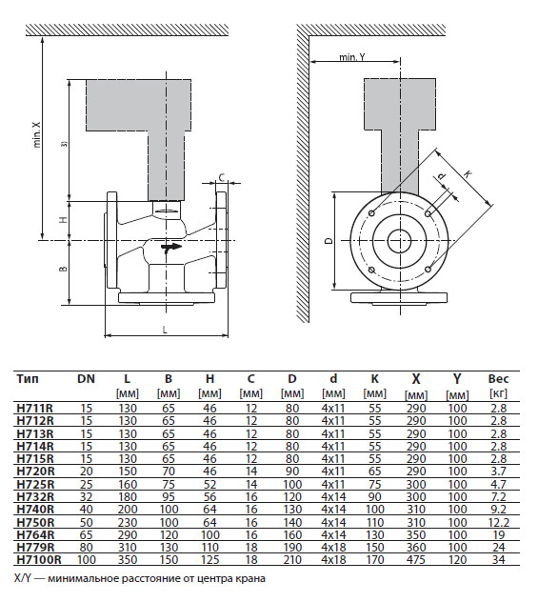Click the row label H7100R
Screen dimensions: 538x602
[x=39, y=559]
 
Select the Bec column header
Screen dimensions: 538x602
[x=498, y=378]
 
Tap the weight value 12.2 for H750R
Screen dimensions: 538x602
[x=498, y=522]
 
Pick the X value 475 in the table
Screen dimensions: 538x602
[x=416, y=559]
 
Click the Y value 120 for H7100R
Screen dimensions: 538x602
[x=457, y=559]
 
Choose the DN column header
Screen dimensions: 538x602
[x=86, y=378]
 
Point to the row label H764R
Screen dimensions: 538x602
[x=35, y=534]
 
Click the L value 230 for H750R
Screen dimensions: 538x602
[x=127, y=522]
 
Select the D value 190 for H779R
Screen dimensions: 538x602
[x=292, y=547]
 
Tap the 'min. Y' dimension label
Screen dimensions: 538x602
[x=352, y=57]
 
